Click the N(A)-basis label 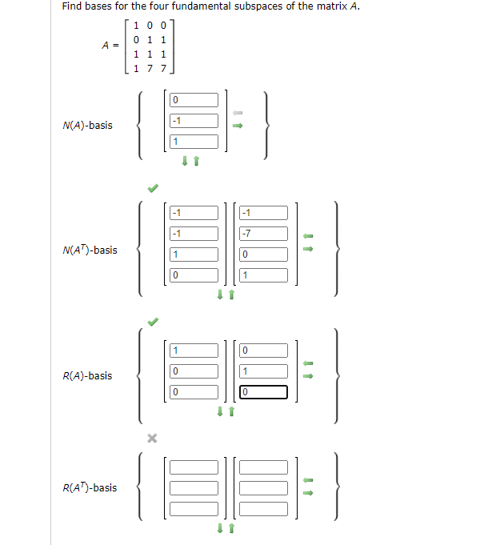[87, 126]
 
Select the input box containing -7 [263, 234]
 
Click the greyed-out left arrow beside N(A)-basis [237, 112]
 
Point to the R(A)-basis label [87, 375]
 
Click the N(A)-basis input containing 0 [194, 100]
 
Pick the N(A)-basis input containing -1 [194, 121]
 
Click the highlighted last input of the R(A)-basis [263, 392]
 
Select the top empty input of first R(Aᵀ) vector [194, 467]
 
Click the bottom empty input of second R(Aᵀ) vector [263, 508]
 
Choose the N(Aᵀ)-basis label [90, 250]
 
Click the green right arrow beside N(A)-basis [237, 125]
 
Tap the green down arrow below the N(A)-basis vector [186, 162]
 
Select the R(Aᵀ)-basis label [90, 487]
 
